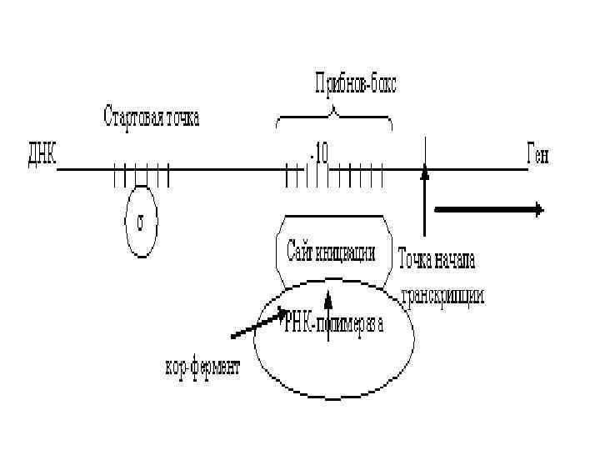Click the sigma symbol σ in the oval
(141, 222)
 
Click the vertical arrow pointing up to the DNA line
(425, 200)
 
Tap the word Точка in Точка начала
(415, 260)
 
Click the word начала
(455, 260)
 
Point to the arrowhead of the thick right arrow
(539, 210)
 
